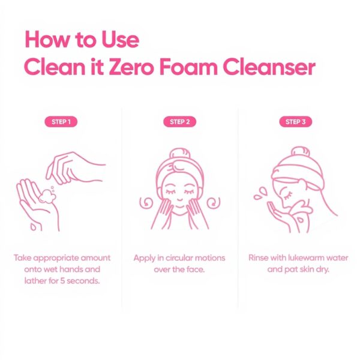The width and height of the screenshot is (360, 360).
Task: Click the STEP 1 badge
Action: coord(61,122)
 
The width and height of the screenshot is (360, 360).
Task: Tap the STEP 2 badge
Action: coord(180,122)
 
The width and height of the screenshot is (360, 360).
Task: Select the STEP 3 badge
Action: coord(295,122)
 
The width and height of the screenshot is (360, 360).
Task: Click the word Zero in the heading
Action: coord(131,67)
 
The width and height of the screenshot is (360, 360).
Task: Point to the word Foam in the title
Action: coord(188,67)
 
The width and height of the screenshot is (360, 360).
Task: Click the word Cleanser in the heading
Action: coord(269,67)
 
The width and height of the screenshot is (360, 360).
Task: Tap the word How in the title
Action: coord(47,39)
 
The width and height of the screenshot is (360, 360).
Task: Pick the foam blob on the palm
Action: coord(47,197)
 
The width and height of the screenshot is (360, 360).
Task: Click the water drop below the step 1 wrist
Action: coord(33,227)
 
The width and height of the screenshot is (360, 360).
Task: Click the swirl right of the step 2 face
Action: coord(214,203)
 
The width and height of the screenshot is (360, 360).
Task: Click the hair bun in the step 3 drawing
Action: coord(301,152)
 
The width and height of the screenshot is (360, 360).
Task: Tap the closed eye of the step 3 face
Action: coord(287,196)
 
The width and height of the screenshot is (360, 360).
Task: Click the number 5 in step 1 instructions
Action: coord(62,281)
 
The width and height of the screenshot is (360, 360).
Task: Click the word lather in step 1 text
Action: coord(35,281)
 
